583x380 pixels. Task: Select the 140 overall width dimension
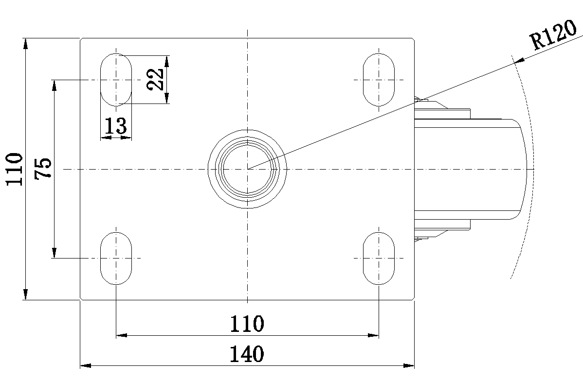247,354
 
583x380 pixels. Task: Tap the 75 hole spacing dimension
43,169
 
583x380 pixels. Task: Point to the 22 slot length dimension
155,79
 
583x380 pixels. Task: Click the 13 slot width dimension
116,126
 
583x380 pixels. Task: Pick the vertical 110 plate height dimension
15,169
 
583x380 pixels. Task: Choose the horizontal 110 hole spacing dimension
247,324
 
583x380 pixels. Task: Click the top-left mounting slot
116,79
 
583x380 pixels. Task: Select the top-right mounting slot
379,79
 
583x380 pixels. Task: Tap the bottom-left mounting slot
116,258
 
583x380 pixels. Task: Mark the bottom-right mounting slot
379,258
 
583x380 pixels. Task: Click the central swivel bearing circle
247,169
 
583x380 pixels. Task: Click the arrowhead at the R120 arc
519,60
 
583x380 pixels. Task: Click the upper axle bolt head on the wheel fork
420,101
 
